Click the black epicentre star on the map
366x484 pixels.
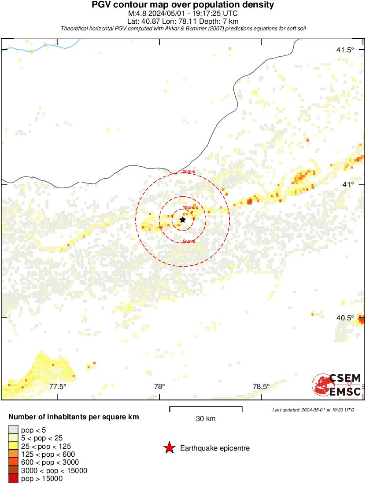click(183, 219)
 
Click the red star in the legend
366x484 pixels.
click(169, 448)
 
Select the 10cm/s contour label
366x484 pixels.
click(190, 207)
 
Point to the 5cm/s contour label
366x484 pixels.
click(189, 242)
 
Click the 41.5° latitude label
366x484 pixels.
click(345, 50)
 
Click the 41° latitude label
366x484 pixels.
click(349, 184)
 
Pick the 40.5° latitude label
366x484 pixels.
click(345, 318)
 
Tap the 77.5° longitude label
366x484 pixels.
click(58, 386)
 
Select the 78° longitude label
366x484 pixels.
click(159, 386)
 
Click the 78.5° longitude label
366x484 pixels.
click(261, 386)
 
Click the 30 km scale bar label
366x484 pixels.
click(206, 418)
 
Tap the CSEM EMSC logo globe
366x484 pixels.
click(321, 384)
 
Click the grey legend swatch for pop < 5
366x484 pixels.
click(13, 430)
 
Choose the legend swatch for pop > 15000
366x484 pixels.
click(13, 478)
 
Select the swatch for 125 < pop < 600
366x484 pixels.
click(13, 454)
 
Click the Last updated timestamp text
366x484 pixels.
click(313, 410)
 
